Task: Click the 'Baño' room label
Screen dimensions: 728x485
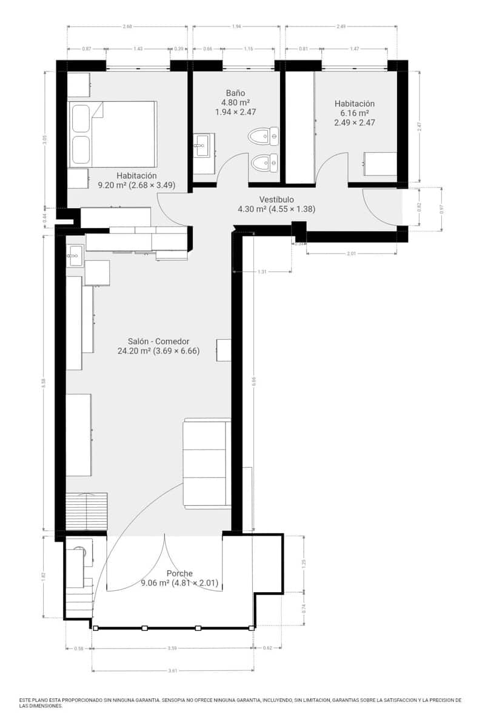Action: coord(235,93)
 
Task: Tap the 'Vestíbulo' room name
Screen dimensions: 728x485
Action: coord(276,200)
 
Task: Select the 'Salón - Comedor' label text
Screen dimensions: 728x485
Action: coord(158,341)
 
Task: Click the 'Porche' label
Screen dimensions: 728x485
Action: coord(179,573)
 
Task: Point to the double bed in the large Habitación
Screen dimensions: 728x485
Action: coord(113,134)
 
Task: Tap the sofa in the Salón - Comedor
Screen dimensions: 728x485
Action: coord(207,463)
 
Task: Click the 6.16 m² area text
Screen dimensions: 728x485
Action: coord(355,113)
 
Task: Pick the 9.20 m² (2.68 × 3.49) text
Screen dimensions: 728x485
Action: coord(136,186)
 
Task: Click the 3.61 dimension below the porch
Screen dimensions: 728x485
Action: coord(173,670)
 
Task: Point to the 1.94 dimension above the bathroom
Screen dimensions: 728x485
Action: coord(236,27)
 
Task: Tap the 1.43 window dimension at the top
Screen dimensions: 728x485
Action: coord(138,49)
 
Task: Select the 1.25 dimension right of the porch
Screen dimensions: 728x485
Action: coord(304,563)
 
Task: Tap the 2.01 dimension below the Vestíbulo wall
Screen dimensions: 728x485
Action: coord(352,253)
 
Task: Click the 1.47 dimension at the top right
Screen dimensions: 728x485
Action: coord(355,49)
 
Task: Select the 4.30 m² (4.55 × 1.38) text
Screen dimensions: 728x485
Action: coord(276,209)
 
